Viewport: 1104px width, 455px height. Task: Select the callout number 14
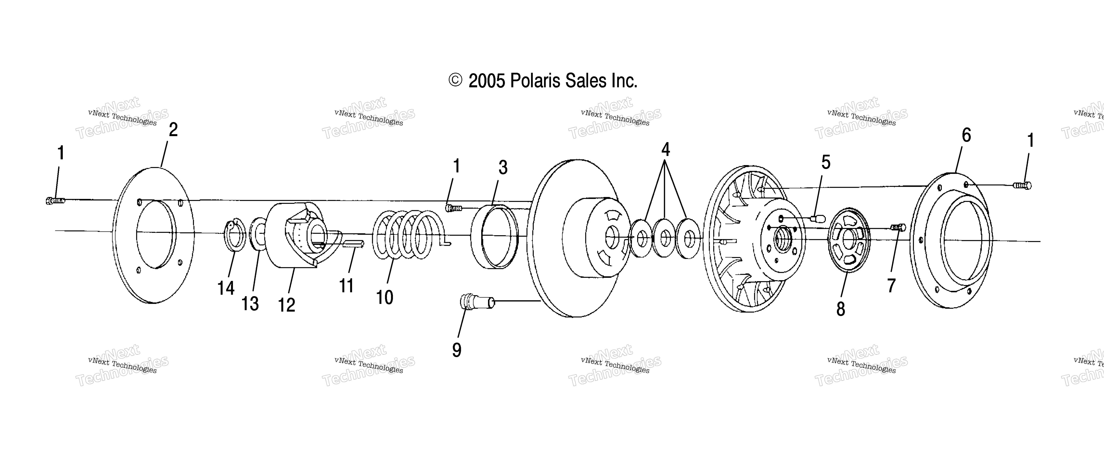[x=226, y=288]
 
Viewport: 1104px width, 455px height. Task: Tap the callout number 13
[x=250, y=304]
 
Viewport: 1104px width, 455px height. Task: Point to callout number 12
[x=287, y=305]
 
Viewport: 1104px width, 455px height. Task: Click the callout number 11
[x=346, y=286]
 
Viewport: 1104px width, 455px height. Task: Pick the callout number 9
[x=457, y=350]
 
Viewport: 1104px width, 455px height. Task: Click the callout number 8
[x=841, y=309]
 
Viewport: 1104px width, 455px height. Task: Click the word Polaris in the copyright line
[x=535, y=81]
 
